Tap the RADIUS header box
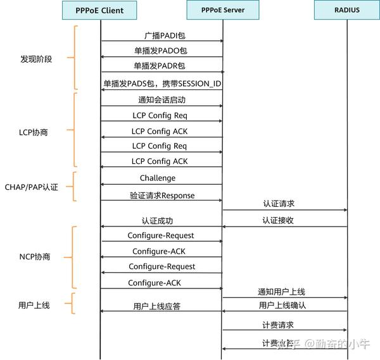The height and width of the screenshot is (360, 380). pos(346,10)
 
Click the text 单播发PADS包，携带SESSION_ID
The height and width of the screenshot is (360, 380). pos(162,83)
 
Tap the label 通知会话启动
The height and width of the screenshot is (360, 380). pos(161,100)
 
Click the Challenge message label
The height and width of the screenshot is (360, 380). pos(158,178)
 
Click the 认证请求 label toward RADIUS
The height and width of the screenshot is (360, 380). pos(279,204)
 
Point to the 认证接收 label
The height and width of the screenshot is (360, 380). pos(279,221)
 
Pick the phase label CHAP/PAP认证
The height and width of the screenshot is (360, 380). pos(32,187)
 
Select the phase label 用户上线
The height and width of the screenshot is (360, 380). pos(34,305)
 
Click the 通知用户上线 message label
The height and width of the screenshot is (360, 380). pos(281,292)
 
